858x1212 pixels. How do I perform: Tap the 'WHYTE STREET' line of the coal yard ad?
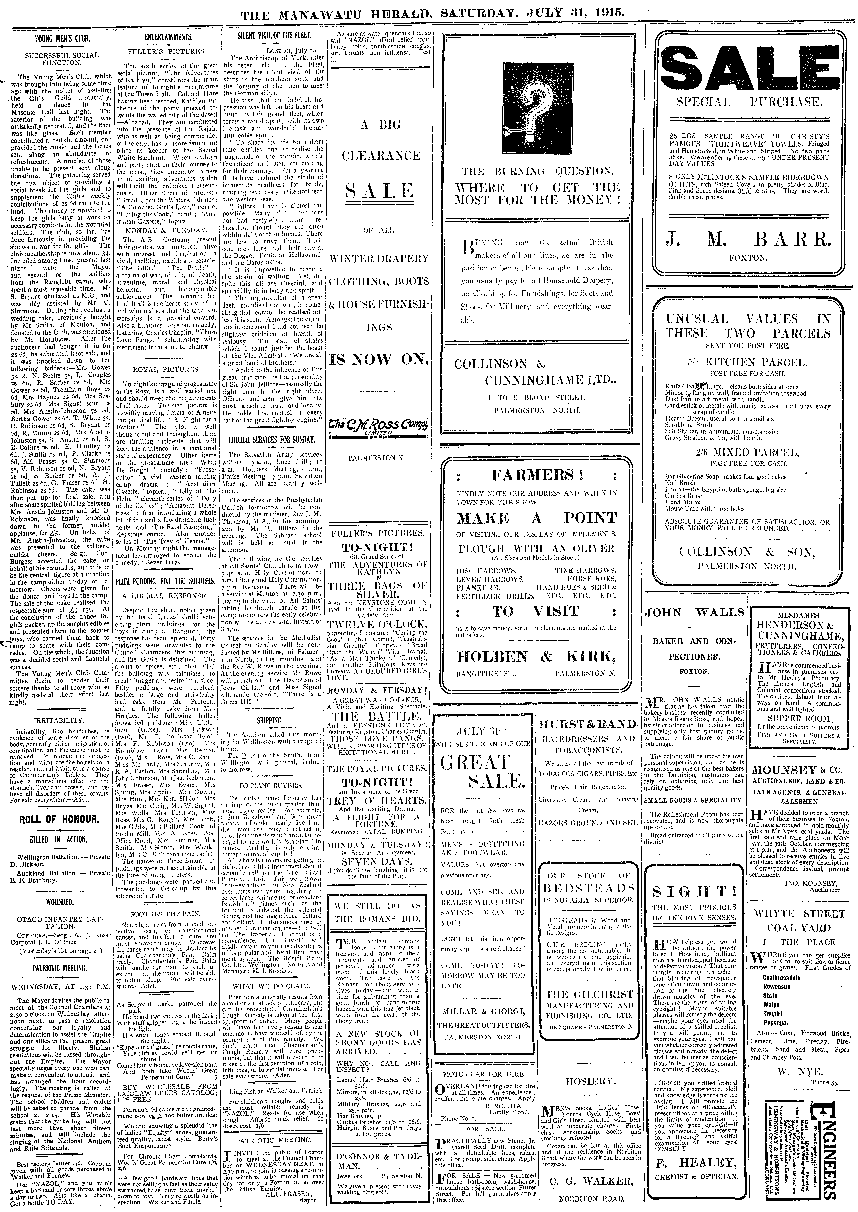click(799, 914)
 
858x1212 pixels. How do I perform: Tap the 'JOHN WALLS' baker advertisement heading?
click(694, 613)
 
